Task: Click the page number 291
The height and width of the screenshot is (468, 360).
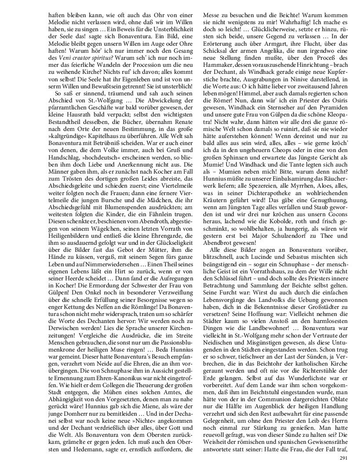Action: (x=343, y=458)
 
